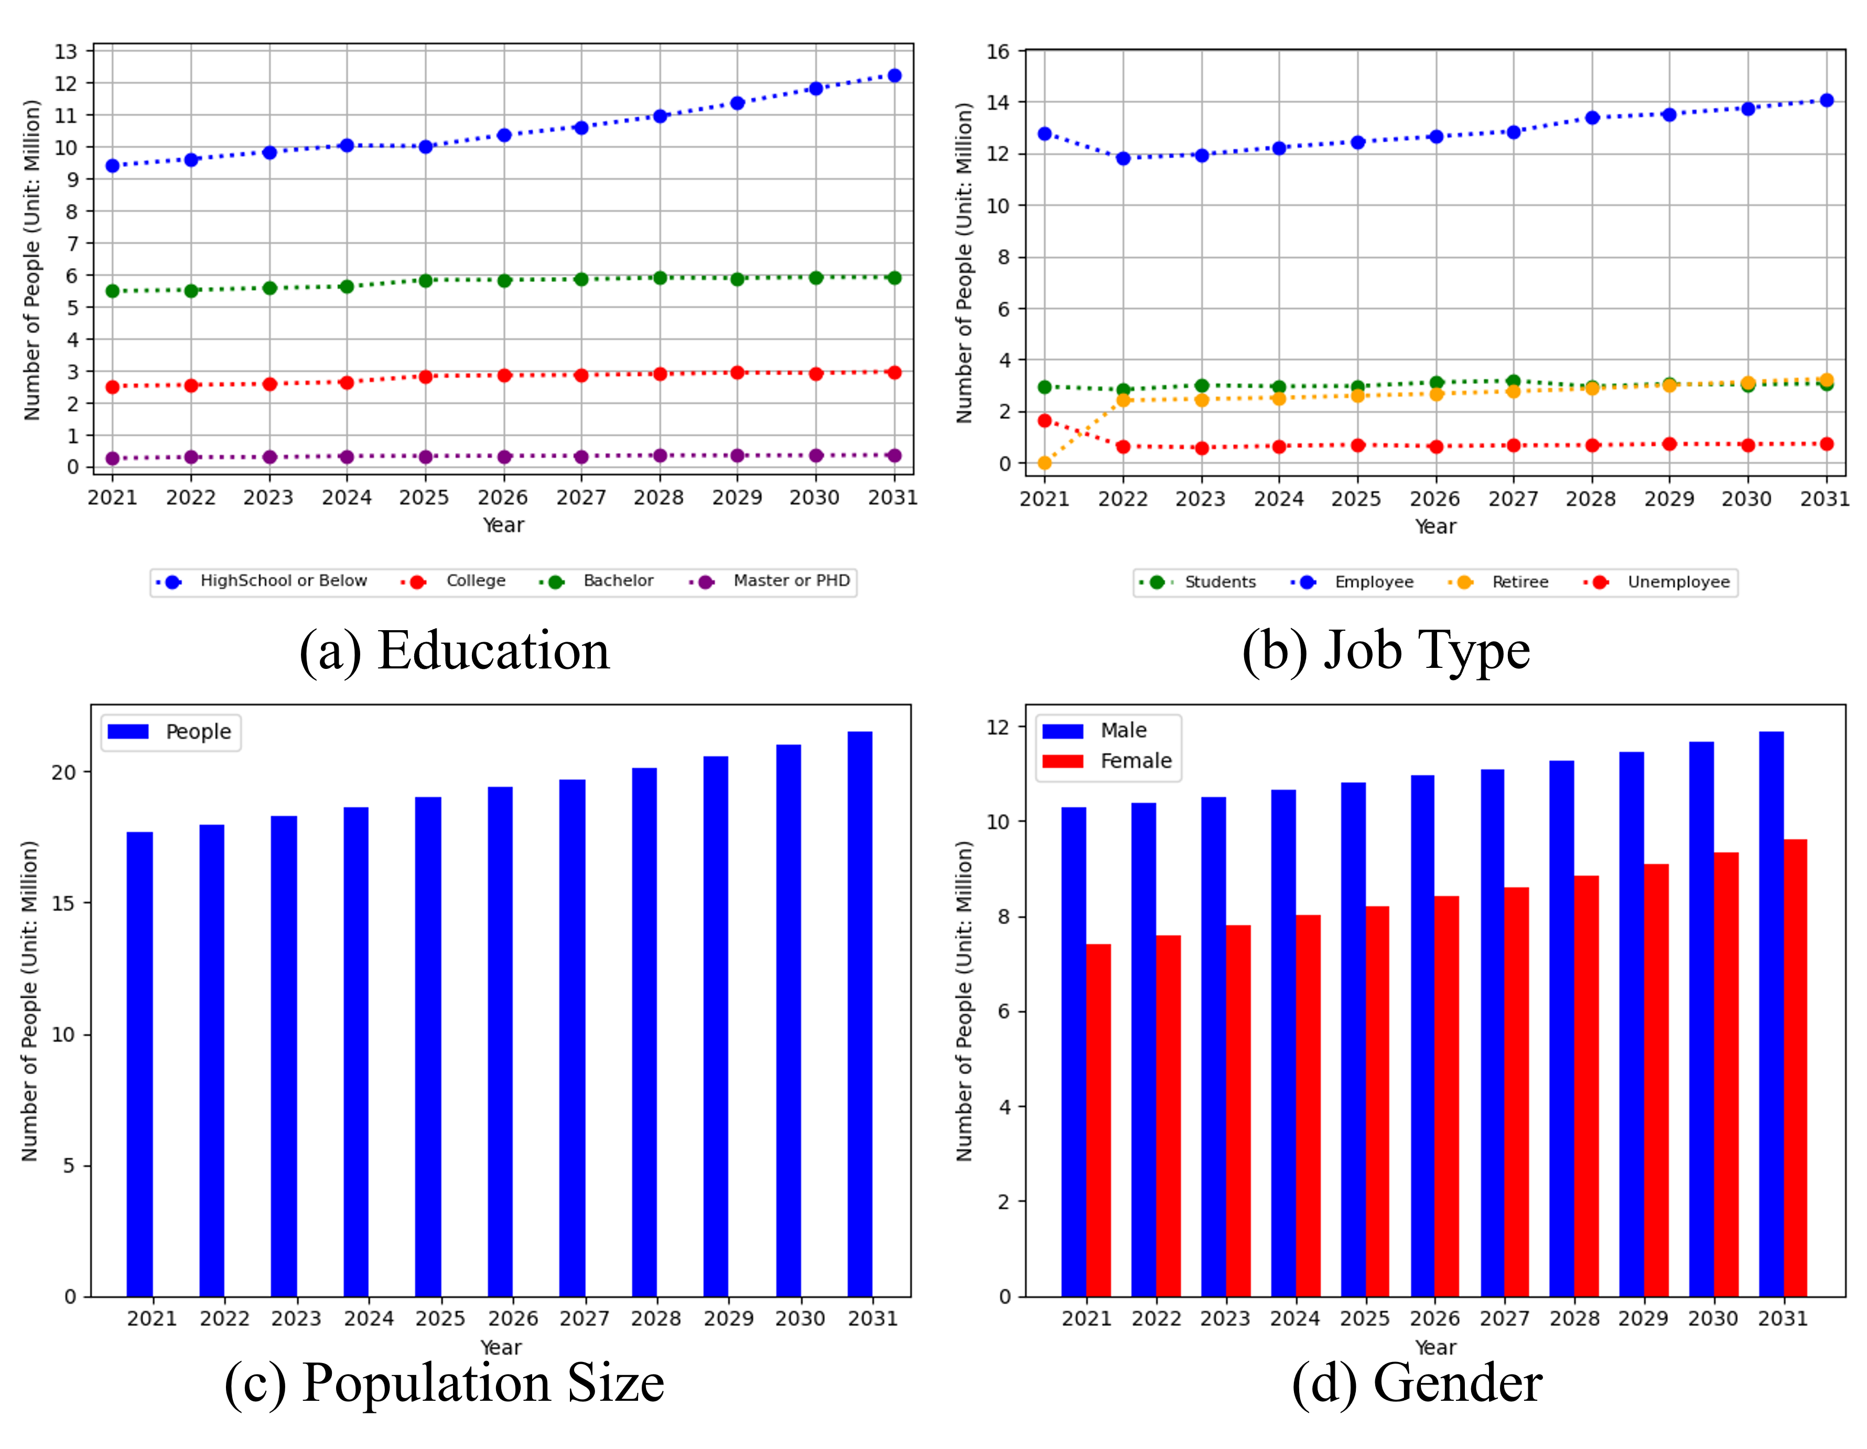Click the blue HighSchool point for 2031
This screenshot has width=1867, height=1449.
coord(894,75)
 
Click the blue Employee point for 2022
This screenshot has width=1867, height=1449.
coord(1123,158)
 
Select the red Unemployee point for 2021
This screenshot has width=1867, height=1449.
coord(1044,420)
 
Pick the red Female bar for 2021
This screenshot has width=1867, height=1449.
coord(1098,1120)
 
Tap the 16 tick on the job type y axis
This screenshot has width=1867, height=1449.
coord(998,51)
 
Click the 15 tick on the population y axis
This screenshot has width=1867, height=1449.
coord(63,903)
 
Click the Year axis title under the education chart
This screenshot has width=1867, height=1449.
coord(503,525)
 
